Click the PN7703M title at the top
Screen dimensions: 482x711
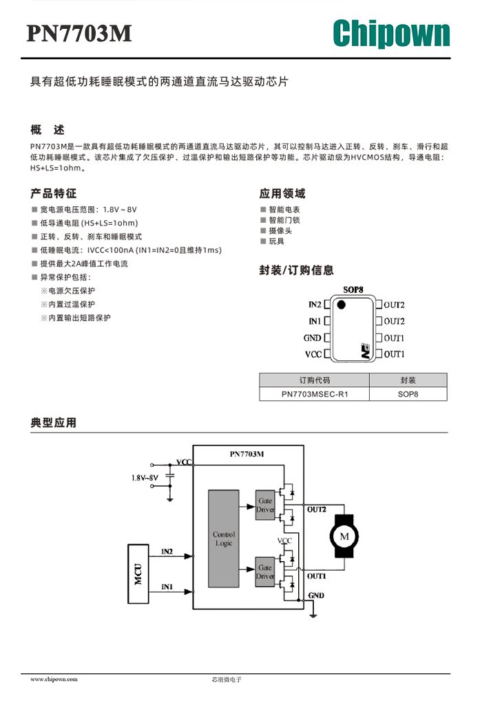(79, 33)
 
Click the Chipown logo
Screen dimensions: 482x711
(391, 33)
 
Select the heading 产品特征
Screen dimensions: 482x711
(54, 194)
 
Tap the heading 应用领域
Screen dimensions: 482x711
(282, 194)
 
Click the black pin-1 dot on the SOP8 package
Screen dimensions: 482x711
(341, 305)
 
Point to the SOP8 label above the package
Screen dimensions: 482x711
(353, 289)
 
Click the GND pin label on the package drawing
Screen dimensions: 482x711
(312, 338)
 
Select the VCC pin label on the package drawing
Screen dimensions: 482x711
(313, 354)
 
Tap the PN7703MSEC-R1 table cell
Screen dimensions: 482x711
(315, 394)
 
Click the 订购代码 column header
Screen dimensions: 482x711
(315, 380)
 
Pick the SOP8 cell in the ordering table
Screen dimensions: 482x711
(408, 394)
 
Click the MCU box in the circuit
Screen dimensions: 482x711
(138, 574)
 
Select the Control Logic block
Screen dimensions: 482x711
(224, 538)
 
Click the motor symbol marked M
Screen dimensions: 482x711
(344, 536)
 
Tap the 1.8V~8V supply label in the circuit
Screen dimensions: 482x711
(145, 477)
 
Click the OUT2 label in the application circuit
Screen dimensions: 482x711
(316, 510)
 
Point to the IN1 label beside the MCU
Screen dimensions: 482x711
(167, 587)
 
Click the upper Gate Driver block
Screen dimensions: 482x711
(265, 505)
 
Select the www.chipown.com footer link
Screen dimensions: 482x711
(54, 679)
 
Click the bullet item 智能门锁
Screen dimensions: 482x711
(284, 220)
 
